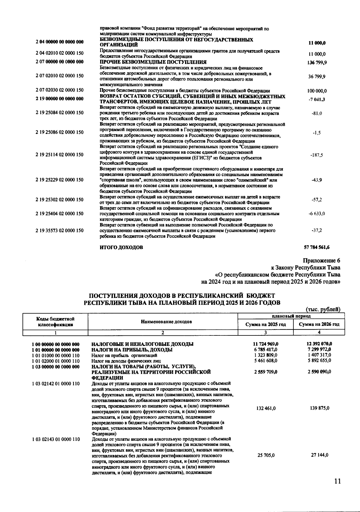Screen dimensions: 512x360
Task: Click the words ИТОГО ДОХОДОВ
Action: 121,248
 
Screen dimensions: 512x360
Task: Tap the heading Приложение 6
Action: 322,260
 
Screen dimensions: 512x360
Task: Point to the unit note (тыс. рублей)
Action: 323,310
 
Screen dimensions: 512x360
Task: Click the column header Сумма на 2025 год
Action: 265,324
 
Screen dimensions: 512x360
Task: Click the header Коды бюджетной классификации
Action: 55,322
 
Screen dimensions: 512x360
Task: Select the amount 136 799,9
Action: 317,62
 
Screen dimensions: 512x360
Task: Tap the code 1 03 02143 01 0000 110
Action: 56,439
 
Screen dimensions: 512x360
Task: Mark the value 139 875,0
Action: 319,408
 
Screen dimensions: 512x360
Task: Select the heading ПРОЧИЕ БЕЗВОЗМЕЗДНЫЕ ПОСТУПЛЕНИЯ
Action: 153,62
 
